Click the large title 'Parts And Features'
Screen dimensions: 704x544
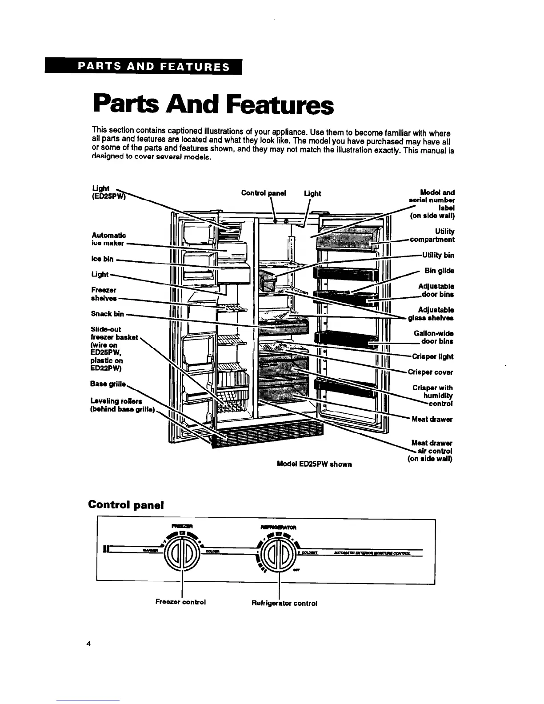pos(213,105)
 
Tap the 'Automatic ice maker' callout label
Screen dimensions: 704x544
pos(108,239)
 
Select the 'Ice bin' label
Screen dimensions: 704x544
pos(102,259)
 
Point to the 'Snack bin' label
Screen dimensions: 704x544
pos(107,314)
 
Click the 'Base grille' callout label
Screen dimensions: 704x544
pos(108,384)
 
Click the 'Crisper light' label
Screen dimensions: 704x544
pos(432,356)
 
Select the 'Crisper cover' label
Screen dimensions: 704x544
pos(432,372)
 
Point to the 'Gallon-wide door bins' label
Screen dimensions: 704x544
pos(433,337)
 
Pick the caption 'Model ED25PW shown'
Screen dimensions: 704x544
pos(314,464)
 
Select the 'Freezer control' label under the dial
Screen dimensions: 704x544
pos(180,602)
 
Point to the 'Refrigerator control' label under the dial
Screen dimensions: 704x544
pos(284,603)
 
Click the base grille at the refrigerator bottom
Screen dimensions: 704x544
pos(267,436)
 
